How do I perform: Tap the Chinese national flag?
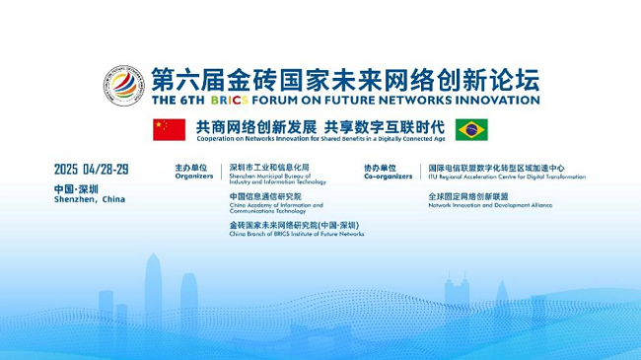pos(169,128)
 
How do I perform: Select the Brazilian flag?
pos(471,128)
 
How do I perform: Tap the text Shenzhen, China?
pos(90,199)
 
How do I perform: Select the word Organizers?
pos(191,178)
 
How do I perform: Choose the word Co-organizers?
pos(385,178)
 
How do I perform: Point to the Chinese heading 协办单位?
pos(381,169)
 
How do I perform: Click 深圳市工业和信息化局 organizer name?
pos(269,168)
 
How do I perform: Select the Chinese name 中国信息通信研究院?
pos(265,196)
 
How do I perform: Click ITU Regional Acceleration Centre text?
pos(506,178)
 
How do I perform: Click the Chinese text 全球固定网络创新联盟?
pos(468,196)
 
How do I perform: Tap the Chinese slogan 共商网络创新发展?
pos(255,127)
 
